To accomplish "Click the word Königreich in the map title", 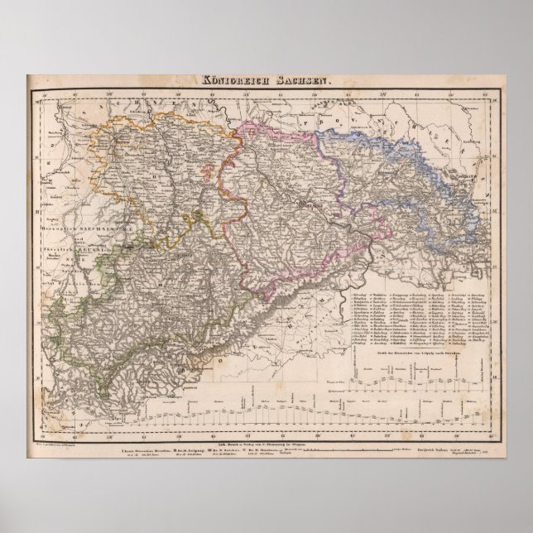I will coord(235,81).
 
